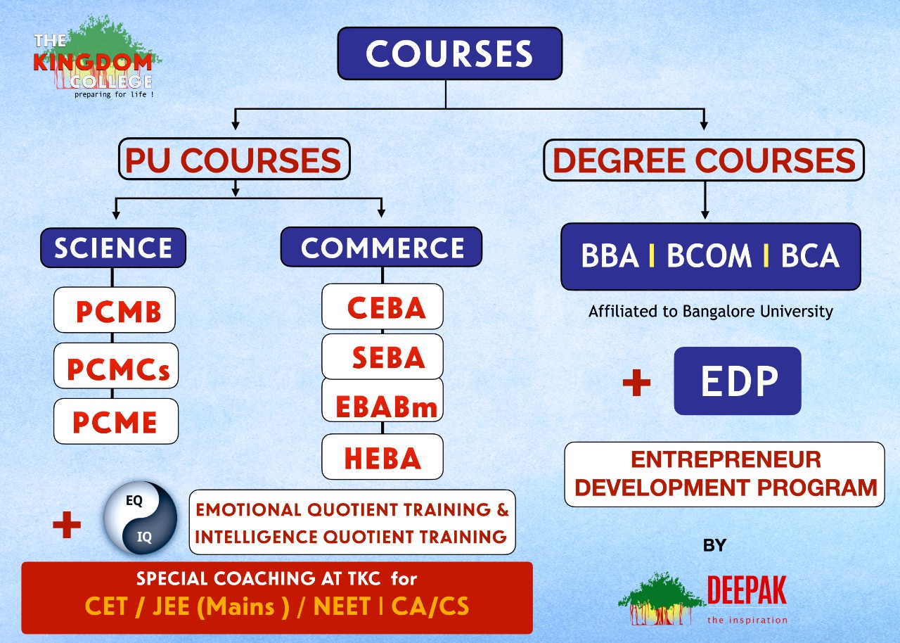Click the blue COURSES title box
[x=449, y=53]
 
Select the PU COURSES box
[x=234, y=159]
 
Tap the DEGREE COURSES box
[x=704, y=160]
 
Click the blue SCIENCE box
[x=113, y=248]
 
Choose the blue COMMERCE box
[x=381, y=247]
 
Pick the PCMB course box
[x=115, y=310]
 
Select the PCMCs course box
[x=116, y=366]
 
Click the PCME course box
[x=116, y=421]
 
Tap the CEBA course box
[x=382, y=306]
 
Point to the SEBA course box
[x=382, y=356]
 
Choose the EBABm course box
[x=382, y=400]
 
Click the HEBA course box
[x=382, y=457]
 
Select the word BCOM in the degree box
[x=709, y=255]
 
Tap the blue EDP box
[x=738, y=381]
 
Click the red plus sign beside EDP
[x=636, y=382]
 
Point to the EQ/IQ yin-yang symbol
[x=140, y=518]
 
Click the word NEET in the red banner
[x=342, y=606]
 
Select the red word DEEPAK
[x=747, y=590]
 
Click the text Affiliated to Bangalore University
[x=711, y=312]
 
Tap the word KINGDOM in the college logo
[x=93, y=63]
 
